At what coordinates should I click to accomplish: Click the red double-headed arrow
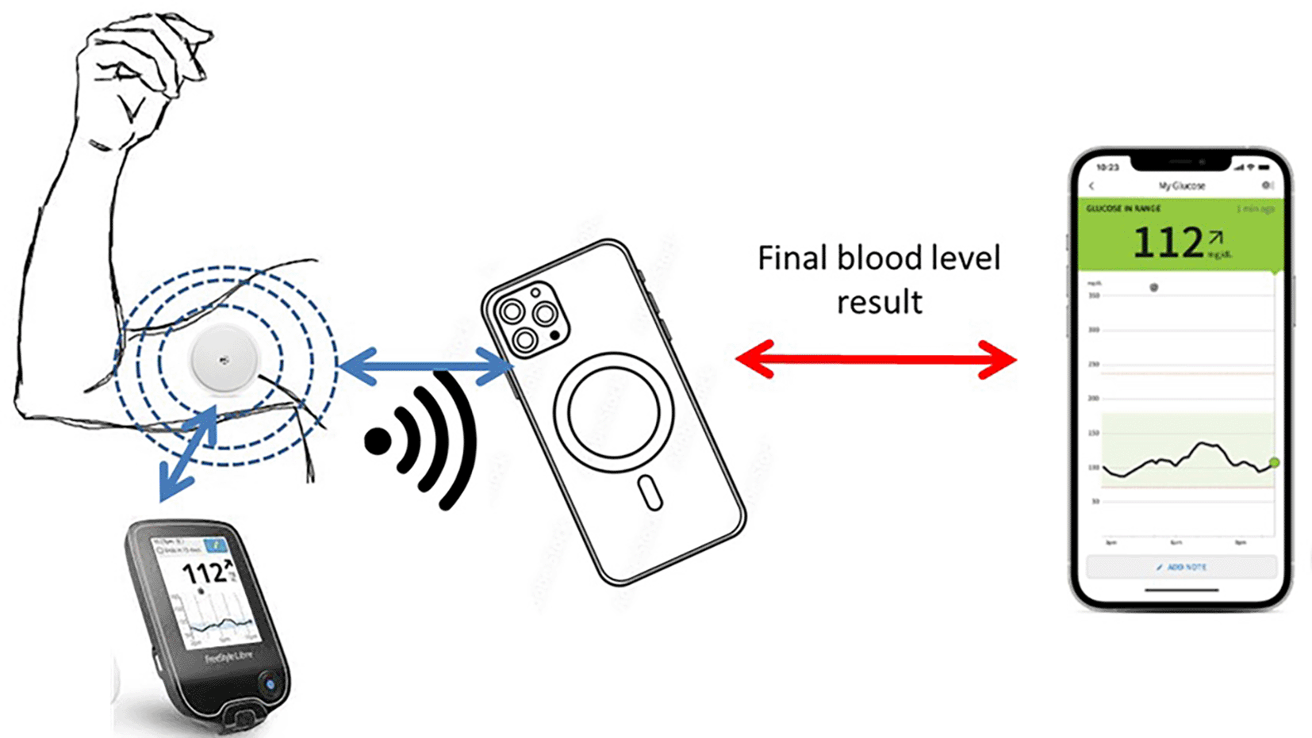876,359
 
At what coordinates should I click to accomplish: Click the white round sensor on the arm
224,359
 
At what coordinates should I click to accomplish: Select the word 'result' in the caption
879,302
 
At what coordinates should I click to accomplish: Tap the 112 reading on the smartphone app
1168,242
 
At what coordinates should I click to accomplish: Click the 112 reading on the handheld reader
203,572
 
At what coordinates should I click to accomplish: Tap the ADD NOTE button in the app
1181,568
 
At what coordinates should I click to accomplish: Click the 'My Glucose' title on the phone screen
1181,185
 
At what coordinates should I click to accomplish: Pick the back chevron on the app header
1092,185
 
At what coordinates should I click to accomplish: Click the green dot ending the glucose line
1274,462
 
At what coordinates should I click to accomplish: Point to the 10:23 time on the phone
1107,167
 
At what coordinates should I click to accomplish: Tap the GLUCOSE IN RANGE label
1122,208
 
